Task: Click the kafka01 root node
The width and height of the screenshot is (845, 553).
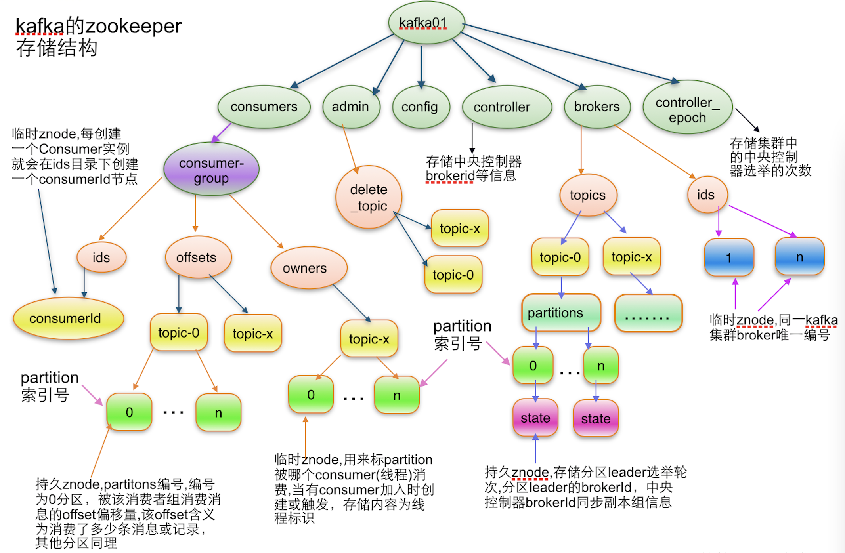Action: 426,23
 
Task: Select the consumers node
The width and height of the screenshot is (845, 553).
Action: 264,107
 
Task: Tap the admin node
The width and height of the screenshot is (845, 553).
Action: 351,107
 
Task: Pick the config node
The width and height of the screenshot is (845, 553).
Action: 421,107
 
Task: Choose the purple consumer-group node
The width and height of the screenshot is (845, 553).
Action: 211,170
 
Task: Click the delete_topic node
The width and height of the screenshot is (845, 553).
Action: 369,197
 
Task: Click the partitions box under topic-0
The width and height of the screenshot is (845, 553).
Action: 560,313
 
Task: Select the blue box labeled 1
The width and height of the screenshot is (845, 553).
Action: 728,257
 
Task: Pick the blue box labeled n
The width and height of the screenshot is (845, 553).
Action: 799,257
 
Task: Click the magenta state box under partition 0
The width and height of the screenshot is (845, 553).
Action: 535,418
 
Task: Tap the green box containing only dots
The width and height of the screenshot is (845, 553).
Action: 648,313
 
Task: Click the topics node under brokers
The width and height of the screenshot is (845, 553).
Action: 588,195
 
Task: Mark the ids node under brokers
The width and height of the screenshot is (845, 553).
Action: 707,195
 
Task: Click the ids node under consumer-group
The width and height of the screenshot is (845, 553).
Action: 101,257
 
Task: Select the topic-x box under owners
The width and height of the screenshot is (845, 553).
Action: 369,339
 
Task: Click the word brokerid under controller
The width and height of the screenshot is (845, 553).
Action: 450,175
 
